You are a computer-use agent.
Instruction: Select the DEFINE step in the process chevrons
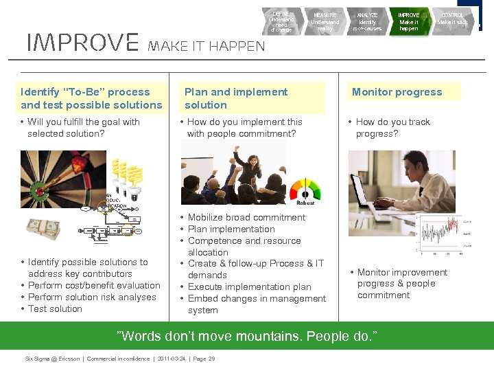tap(281, 22)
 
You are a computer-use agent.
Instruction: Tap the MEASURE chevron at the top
tap(325, 22)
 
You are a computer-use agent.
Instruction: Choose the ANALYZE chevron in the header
tap(367, 22)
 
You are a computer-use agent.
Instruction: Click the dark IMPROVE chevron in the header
tap(409, 22)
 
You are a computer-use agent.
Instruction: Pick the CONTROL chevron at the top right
tap(452, 22)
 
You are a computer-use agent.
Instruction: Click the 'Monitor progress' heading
tap(397, 92)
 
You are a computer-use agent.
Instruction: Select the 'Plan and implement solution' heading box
tap(236, 98)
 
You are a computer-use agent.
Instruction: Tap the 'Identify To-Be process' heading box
tap(91, 98)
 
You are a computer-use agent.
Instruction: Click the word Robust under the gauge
tap(305, 203)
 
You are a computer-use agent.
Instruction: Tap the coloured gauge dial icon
tap(305, 189)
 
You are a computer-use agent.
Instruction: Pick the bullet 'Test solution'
tap(55, 309)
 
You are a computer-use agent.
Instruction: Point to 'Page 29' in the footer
tap(203, 359)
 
